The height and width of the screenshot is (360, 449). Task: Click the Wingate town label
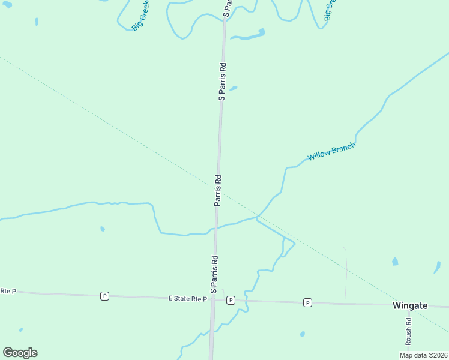coord(410,305)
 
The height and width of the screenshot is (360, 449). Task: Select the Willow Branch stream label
coord(331,151)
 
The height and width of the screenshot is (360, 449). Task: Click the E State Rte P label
coord(187,298)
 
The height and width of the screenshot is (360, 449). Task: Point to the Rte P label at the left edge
coord(7,291)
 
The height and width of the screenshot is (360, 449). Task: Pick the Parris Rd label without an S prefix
coord(218,191)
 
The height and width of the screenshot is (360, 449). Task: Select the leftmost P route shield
coord(104,296)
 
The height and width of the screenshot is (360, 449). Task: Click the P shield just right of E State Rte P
coord(231,300)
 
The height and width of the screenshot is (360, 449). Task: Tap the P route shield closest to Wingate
coord(307,302)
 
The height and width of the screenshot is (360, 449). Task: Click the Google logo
coord(20,353)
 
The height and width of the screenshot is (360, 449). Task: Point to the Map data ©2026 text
coord(423,355)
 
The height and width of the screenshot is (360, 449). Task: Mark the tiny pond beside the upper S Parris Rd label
coord(233,89)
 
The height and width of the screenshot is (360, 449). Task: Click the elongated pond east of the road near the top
coord(248,35)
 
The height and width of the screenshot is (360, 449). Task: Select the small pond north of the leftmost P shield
coord(103,229)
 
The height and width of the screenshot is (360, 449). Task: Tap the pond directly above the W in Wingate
coord(394,262)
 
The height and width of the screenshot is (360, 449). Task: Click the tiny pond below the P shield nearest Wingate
coord(302,334)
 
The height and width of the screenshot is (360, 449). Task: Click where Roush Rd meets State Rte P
coord(408,305)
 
